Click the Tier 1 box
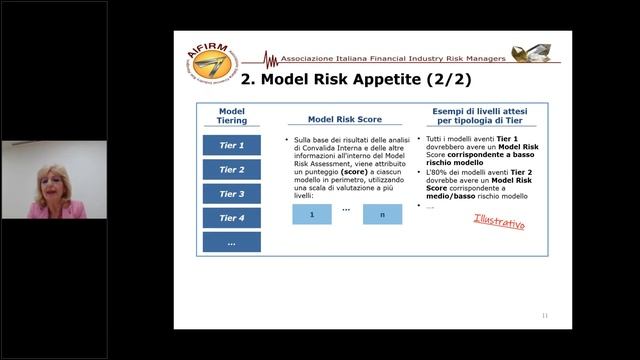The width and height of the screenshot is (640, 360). point(231,145)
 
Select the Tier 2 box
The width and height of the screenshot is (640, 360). point(231,170)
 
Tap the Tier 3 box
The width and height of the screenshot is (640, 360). point(231,194)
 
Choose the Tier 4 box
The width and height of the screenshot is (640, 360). point(231,218)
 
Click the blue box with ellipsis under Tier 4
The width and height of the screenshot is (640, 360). point(231,242)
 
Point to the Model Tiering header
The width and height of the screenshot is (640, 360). point(231,115)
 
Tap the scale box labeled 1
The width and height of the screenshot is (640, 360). point(312,214)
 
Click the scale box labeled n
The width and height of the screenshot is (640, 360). point(380,214)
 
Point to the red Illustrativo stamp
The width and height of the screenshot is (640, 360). point(499,220)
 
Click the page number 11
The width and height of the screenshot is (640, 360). point(544,316)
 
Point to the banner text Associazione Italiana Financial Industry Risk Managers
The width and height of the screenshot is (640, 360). point(393,58)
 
